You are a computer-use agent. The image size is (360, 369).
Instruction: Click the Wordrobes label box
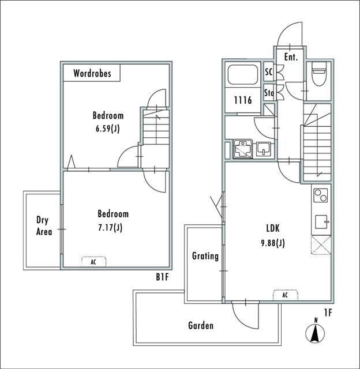coord(92,73)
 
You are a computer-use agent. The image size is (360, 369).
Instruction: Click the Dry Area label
coord(44,226)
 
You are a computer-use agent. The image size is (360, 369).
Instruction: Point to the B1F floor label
coord(162,277)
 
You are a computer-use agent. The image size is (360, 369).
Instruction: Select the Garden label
coord(201,326)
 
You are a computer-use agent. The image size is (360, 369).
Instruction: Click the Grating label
coord(205,256)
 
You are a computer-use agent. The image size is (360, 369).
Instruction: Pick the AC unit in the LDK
coord(285,295)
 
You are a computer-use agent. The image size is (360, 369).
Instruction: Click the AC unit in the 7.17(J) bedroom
coord(93,261)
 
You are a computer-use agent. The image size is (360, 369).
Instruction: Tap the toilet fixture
coord(318,76)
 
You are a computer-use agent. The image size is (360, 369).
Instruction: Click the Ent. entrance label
coord(291,57)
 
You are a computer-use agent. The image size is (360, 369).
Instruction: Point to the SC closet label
coord(268,72)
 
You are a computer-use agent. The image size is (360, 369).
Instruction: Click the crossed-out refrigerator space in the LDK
coord(321,246)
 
